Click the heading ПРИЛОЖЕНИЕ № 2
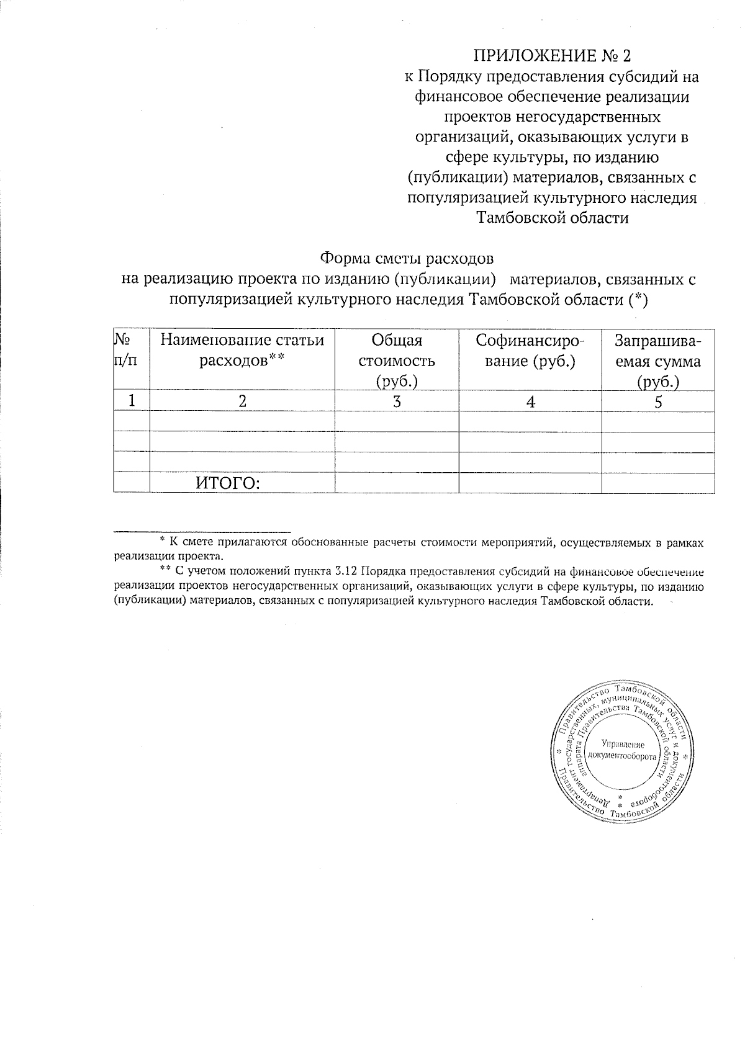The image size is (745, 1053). click(x=552, y=56)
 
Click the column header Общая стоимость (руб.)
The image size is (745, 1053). click(x=396, y=361)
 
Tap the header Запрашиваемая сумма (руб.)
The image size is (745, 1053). click(x=657, y=361)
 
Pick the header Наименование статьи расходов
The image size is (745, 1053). click(x=242, y=351)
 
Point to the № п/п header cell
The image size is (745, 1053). click(x=126, y=351)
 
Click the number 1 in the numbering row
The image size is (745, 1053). click(x=132, y=401)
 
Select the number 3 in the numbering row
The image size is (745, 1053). click(x=397, y=401)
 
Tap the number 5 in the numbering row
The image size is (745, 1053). click(x=658, y=401)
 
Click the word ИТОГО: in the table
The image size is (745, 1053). click(x=227, y=483)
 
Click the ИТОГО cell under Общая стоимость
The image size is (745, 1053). click(x=397, y=483)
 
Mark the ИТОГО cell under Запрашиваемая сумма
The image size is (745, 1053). click(x=658, y=483)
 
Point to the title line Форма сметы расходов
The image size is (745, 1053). click(x=407, y=258)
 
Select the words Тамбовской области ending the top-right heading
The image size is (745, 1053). click(x=552, y=218)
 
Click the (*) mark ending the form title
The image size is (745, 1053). click(x=638, y=300)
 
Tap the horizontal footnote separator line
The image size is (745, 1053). click(x=202, y=532)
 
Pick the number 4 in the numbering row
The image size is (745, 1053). click(x=530, y=401)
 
